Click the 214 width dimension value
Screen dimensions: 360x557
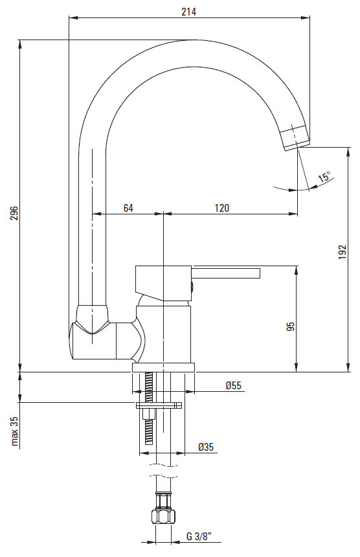188,12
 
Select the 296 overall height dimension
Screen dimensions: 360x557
14,213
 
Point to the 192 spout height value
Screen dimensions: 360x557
343,251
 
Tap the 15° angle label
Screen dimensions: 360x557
324,177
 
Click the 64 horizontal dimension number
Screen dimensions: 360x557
128,208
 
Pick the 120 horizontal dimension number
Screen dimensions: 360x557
222,208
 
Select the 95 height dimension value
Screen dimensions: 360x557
291,326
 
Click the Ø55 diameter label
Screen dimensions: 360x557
233,385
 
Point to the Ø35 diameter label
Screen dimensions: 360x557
206,446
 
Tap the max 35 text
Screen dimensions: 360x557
14,431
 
